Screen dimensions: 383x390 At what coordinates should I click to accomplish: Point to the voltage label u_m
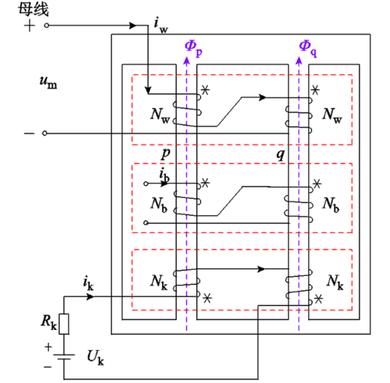(47, 80)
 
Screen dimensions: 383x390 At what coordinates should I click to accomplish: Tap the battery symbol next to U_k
(64, 357)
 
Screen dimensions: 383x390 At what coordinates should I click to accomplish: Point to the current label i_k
(88, 283)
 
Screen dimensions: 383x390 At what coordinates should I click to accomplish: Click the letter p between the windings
(165, 153)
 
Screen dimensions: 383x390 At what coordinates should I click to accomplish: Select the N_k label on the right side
(335, 280)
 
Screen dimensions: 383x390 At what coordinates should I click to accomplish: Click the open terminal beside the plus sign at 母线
(46, 25)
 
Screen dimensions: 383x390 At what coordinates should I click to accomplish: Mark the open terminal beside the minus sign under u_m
(46, 133)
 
